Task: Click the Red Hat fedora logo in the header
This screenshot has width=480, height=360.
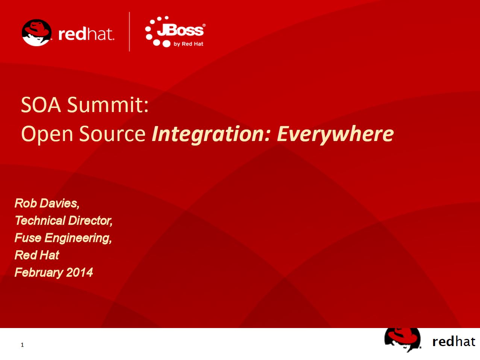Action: pos(37,33)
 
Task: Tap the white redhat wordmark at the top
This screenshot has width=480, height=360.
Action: pos(86,34)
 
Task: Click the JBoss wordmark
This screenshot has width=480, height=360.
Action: pos(181,30)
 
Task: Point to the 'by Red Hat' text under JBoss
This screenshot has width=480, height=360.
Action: pos(188,44)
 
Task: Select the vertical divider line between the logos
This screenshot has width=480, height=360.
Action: pos(129,32)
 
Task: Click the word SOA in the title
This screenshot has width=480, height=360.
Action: pos(41,105)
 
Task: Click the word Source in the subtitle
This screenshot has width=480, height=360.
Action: pos(112,134)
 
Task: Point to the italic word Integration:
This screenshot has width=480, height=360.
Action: pos(211,134)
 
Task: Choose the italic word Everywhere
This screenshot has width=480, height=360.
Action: pos(335,134)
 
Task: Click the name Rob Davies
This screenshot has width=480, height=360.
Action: pos(47,204)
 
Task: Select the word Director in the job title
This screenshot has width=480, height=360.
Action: pos(90,220)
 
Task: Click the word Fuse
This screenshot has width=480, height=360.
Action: pos(28,238)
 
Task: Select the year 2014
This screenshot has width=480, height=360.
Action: pos(79,272)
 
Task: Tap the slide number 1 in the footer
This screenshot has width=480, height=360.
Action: pos(22,345)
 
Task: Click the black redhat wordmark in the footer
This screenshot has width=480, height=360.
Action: pos(454,342)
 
